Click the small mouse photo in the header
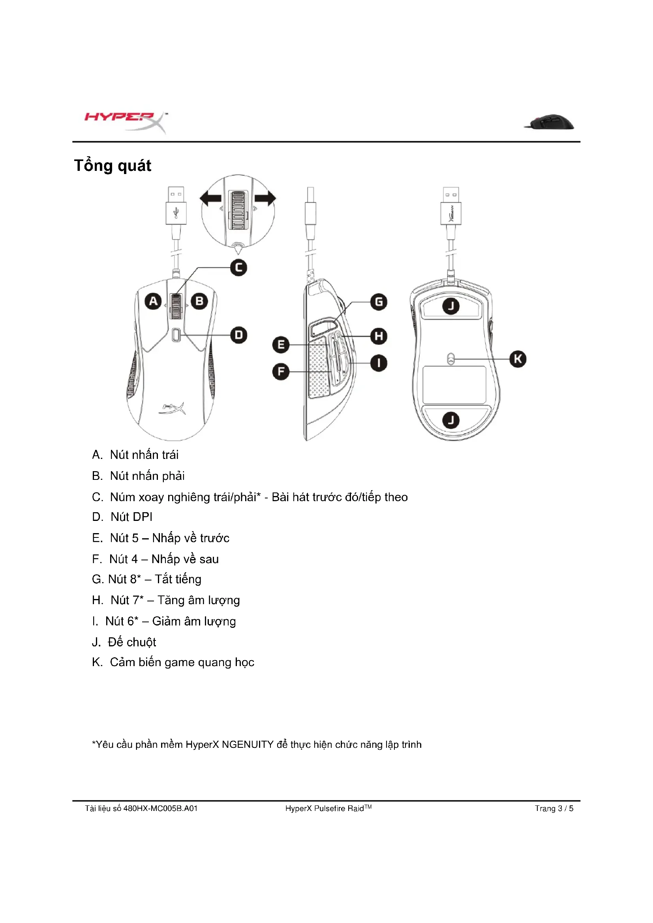[550, 122]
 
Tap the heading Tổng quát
[113, 166]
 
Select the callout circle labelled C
[238, 268]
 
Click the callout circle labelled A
[153, 301]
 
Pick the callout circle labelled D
[238, 335]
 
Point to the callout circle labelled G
[378, 302]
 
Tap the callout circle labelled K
[518, 359]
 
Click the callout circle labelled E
[281, 344]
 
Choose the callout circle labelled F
[281, 371]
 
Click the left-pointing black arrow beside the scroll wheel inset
[211, 198]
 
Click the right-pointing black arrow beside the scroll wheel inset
[265, 198]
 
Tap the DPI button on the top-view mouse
[176, 335]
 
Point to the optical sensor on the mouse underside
[451, 359]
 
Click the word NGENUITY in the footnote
[247, 745]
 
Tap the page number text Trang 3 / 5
[554, 809]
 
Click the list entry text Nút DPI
[131, 517]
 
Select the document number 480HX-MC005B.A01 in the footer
[160, 809]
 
